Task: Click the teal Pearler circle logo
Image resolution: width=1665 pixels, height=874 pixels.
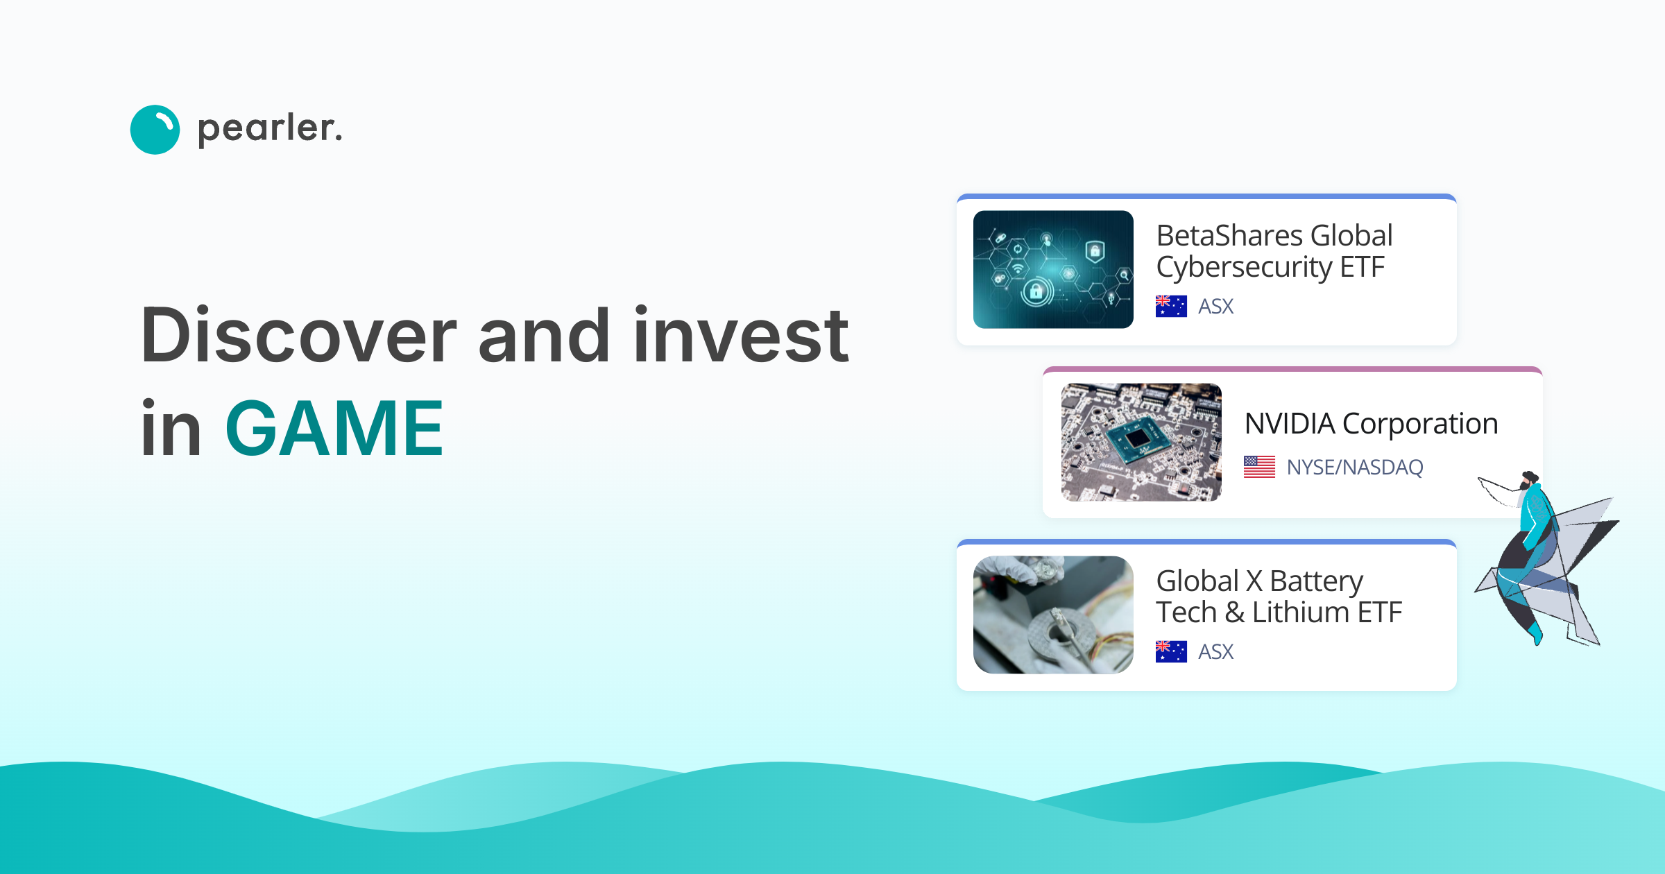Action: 155,130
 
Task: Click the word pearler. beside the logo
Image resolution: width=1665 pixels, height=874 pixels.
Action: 270,129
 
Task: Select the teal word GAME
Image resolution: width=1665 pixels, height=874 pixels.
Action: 334,429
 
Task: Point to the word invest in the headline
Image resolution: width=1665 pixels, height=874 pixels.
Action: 740,336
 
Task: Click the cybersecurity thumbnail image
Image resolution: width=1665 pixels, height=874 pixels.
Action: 1053,269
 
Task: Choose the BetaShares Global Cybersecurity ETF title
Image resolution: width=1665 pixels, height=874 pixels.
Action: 1274,251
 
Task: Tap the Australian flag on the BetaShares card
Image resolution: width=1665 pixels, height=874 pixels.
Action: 1171,306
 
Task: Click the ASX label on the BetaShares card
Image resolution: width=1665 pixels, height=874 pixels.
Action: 1216,306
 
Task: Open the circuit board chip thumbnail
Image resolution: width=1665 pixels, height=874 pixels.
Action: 1141,442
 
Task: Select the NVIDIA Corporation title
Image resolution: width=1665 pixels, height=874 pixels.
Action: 1371,423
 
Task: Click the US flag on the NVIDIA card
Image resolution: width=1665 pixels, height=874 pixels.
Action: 1259,467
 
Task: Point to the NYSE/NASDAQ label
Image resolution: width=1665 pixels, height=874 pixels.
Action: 1354,467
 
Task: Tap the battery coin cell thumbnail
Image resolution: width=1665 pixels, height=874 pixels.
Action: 1053,615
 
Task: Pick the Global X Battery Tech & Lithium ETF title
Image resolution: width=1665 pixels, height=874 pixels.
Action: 1278,597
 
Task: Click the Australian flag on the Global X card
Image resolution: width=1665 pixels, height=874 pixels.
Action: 1171,651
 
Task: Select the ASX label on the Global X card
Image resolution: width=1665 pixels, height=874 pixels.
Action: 1216,651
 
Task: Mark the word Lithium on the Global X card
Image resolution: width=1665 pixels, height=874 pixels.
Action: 1300,612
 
